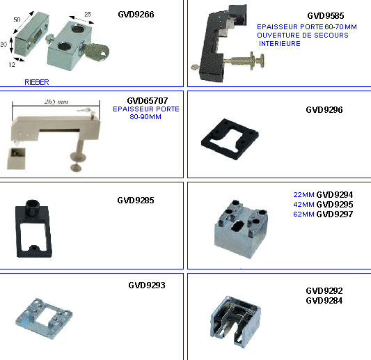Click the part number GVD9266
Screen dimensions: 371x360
click(x=136, y=15)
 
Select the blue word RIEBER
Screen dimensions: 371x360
click(x=37, y=82)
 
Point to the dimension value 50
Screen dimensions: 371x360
click(x=17, y=19)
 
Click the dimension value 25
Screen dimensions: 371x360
click(x=88, y=14)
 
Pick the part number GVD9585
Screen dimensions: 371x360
click(x=326, y=16)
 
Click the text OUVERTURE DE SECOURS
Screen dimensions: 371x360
click(x=303, y=36)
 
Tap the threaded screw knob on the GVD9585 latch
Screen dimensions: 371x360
click(x=247, y=61)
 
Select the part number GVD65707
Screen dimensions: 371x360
click(x=148, y=101)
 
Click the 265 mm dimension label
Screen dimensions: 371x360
click(x=56, y=102)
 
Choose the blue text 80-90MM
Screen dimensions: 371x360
click(x=145, y=117)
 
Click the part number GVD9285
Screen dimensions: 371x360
click(x=136, y=201)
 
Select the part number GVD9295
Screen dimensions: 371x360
click(x=335, y=204)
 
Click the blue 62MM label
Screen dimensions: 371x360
click(x=303, y=214)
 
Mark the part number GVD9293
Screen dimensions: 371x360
click(x=147, y=285)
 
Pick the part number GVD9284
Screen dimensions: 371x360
click(x=324, y=301)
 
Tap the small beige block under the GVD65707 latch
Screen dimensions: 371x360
click(x=16, y=159)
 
